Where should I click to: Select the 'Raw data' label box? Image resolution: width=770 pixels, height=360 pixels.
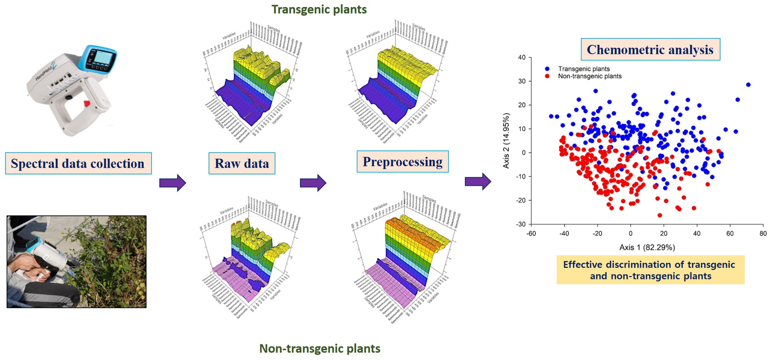242,163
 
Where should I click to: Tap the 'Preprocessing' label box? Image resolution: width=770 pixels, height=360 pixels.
403,162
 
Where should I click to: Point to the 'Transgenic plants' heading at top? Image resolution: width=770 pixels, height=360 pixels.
319,9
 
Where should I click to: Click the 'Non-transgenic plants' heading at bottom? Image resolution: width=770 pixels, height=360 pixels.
320,348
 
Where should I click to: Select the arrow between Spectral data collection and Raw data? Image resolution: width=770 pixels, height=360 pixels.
173,183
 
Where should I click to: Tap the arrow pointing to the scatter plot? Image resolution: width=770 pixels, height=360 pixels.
478,181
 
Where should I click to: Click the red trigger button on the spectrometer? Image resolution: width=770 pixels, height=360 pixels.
86,104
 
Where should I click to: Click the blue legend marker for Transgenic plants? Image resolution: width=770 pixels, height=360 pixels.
547,69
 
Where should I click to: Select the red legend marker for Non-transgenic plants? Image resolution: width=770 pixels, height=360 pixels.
547,76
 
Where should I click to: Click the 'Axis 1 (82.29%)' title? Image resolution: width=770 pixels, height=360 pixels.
647,247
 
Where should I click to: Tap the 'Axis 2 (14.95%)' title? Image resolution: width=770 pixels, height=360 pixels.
506,140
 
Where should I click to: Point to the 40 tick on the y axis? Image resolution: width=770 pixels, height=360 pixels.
522,57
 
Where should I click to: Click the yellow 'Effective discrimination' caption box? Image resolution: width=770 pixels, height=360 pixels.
650,270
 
